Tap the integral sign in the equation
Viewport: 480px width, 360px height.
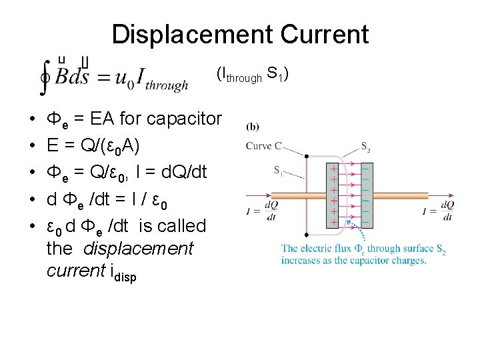[45, 77]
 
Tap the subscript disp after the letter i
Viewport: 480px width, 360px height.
[125, 275]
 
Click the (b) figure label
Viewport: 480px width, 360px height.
[253, 127]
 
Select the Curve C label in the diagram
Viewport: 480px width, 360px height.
[263, 146]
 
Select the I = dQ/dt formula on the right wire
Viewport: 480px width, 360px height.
[437, 211]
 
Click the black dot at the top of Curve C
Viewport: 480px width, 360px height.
[306, 157]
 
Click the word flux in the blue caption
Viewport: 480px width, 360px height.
[338, 249]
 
